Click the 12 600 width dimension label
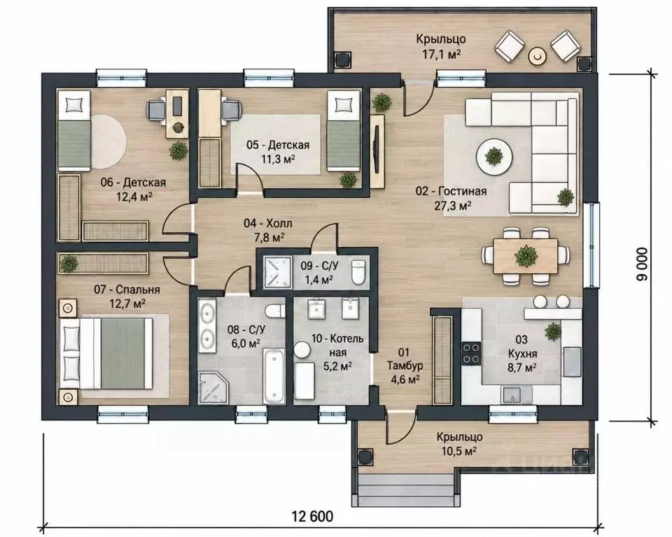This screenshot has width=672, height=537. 312,516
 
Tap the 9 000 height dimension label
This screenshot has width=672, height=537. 643,264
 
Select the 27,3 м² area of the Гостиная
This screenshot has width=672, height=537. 453,206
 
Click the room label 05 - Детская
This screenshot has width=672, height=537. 278,145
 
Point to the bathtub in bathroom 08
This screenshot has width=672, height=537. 274,376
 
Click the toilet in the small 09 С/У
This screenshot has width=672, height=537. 358,273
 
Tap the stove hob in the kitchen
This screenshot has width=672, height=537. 471,353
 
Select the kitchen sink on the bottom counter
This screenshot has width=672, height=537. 512,394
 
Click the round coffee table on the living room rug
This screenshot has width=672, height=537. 494,157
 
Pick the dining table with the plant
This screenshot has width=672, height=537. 526,256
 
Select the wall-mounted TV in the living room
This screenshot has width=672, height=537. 376,149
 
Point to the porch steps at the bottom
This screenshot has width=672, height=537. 405,490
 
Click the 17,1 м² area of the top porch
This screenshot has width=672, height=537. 440,54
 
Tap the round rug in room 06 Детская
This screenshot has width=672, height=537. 108,141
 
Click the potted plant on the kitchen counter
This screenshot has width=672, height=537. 553,331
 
